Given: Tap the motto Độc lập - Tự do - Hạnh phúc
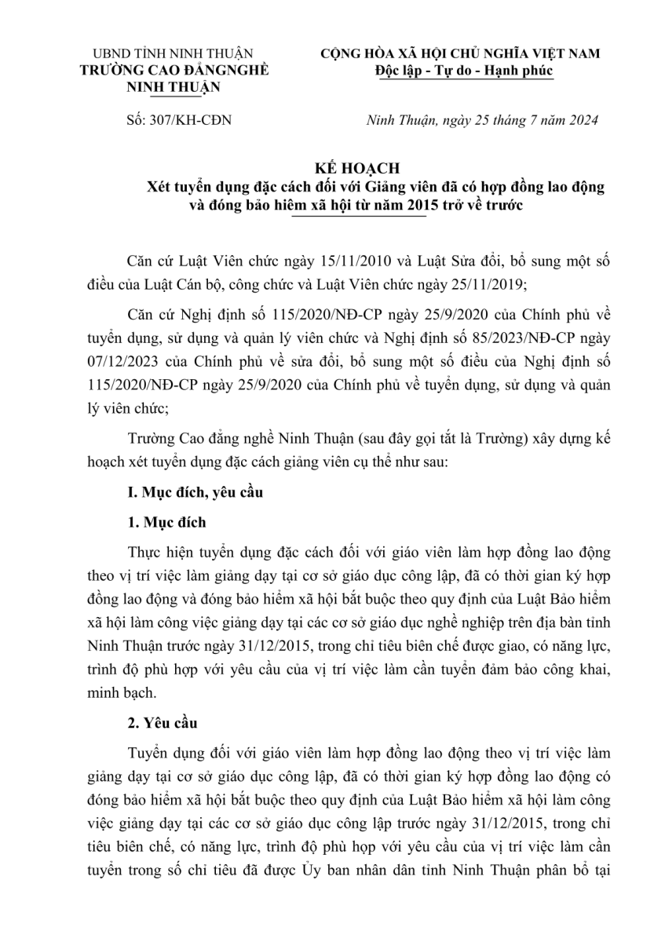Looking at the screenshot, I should click(464, 70).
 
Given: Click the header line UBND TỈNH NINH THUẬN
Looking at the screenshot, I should click(173, 54).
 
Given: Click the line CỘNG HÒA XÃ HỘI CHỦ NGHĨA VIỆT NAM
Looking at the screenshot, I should click(464, 54).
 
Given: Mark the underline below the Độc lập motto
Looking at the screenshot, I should click(464, 80).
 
